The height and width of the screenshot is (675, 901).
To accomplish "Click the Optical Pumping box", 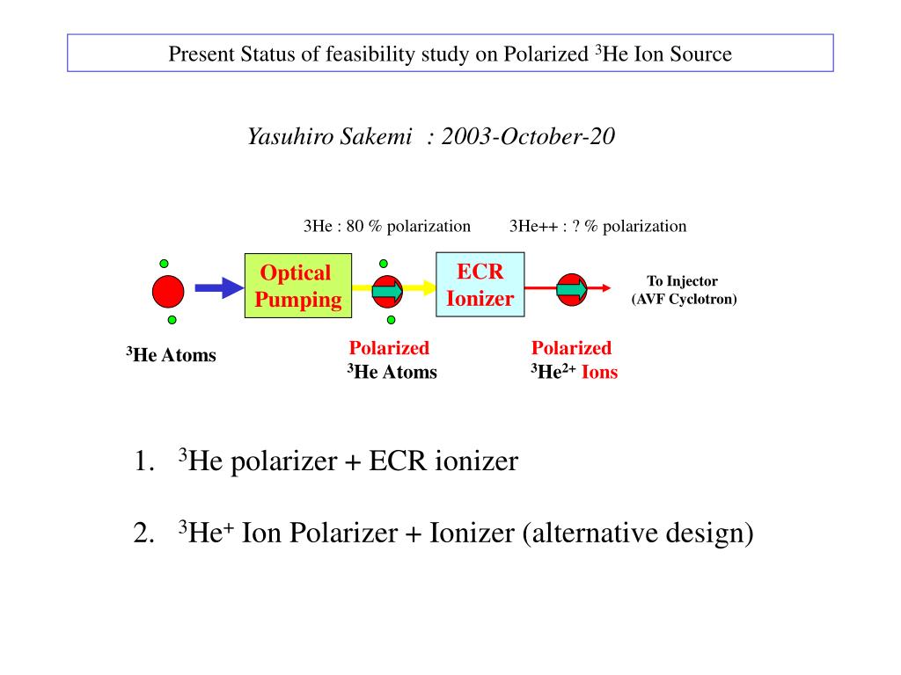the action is tap(297, 286).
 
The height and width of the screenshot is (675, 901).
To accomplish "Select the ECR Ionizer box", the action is tap(480, 285).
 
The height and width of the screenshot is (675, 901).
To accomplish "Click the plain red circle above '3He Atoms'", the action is tap(168, 292).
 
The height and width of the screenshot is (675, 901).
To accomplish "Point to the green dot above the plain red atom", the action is tap(164, 263).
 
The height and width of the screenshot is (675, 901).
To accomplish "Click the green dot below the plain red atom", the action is tap(172, 320).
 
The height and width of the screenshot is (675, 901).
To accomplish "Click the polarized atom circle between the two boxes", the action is tap(386, 291).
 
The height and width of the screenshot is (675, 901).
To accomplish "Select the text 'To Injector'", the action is tap(683, 281).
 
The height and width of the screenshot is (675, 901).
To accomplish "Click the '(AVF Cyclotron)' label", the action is tap(684, 299).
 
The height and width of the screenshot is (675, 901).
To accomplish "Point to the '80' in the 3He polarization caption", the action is tap(355, 226).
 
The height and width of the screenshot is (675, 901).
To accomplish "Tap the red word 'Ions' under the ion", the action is tap(600, 372).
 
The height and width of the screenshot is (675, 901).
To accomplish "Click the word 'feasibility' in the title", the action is tap(367, 54).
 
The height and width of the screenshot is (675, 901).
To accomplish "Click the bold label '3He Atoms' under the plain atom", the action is tap(171, 355).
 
